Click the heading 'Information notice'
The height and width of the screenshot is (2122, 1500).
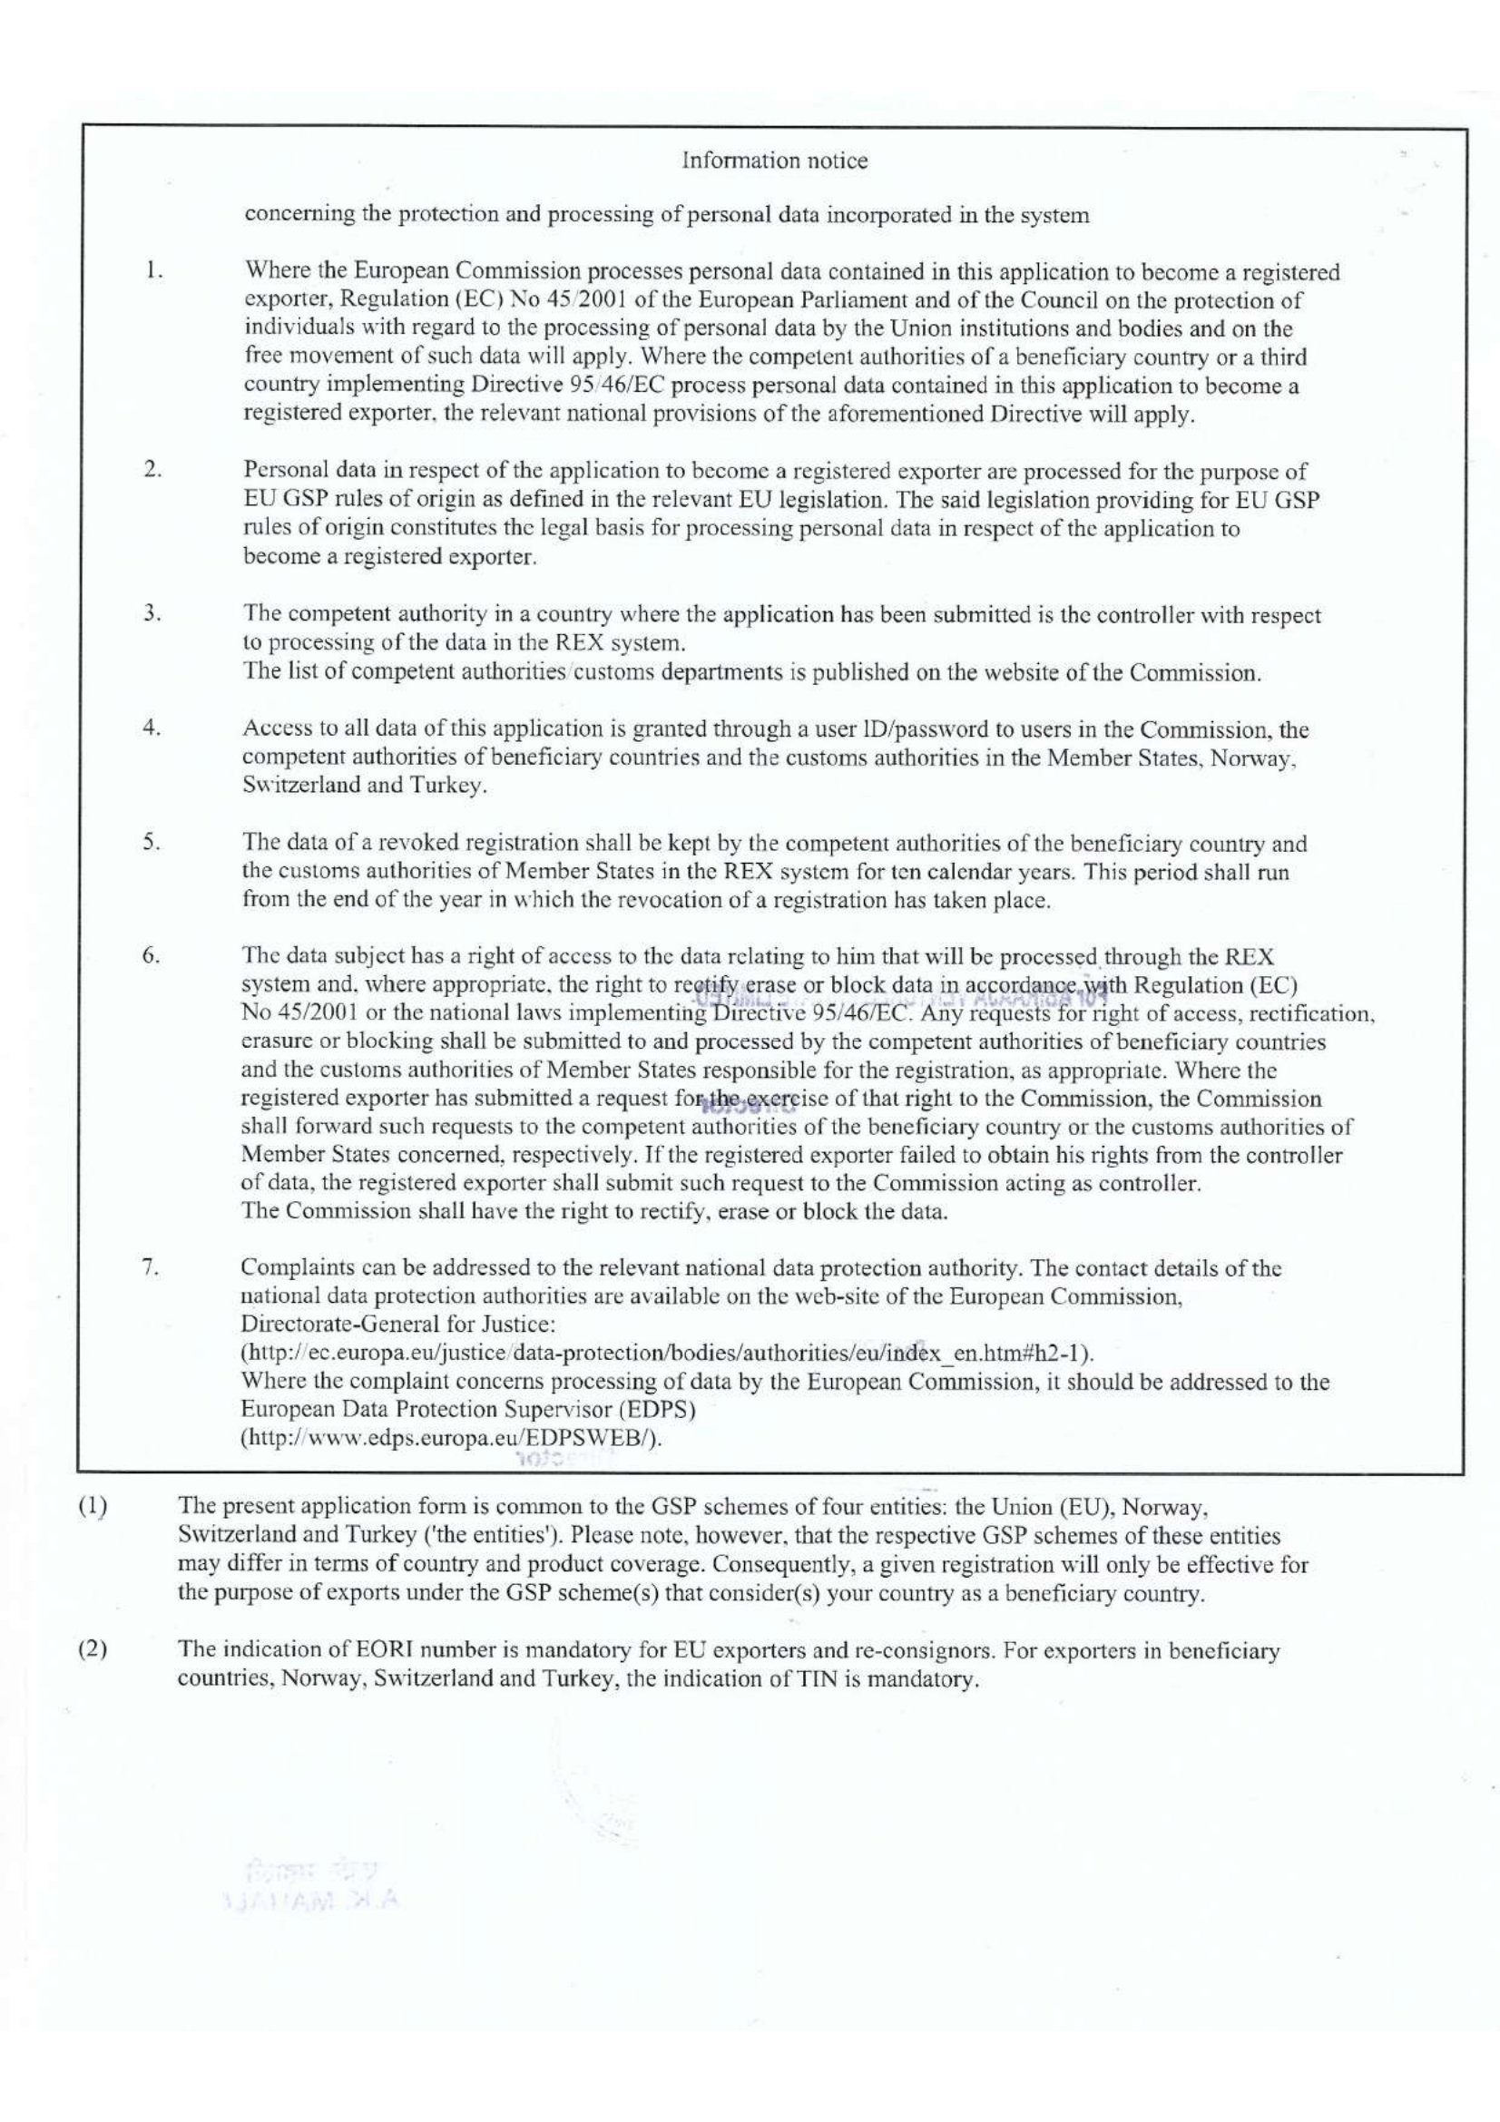774,161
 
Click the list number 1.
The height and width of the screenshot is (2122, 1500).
153,272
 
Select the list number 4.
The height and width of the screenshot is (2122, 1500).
152,728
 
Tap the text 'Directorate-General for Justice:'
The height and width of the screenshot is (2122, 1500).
397,1325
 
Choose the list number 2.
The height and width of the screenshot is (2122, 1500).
153,470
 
